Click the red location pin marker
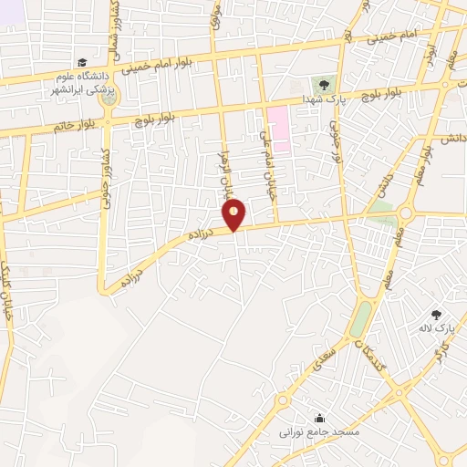pyautogui.click(x=234, y=214)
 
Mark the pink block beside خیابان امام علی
pyautogui.click(x=278, y=128)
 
